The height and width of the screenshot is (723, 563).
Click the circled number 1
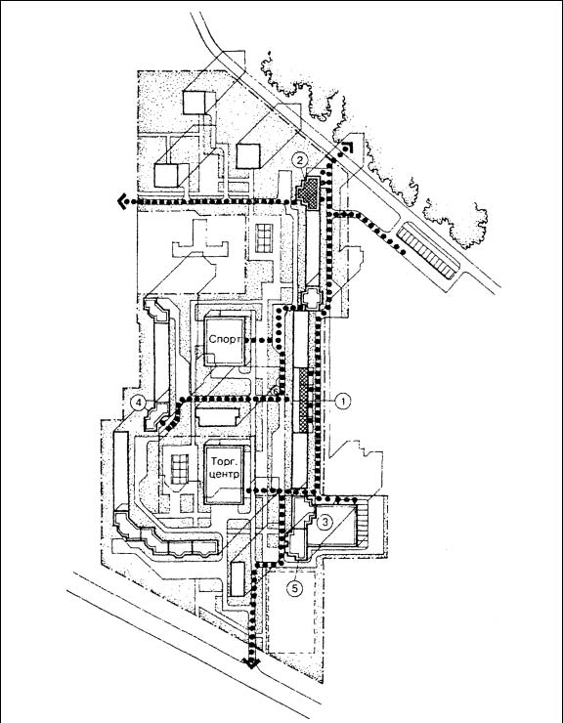point(342,402)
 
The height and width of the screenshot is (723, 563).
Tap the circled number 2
point(300,160)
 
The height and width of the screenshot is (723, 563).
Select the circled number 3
point(325,522)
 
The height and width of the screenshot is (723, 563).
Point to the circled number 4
point(138,403)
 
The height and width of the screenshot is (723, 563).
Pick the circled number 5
point(295,587)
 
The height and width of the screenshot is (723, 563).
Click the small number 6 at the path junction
point(274,391)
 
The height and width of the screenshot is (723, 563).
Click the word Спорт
point(225,340)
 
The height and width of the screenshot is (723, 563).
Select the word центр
point(224,474)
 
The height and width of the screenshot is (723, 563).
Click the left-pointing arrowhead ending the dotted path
point(123,201)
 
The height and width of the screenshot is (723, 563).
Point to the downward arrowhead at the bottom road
point(252,663)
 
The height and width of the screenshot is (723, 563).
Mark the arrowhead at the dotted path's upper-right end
point(348,148)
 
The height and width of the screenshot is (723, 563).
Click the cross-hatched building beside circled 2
point(308,192)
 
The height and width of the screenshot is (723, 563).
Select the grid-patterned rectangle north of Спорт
point(265,238)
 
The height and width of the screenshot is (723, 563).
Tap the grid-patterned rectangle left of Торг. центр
point(180,469)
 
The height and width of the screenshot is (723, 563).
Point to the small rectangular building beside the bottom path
point(238,578)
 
